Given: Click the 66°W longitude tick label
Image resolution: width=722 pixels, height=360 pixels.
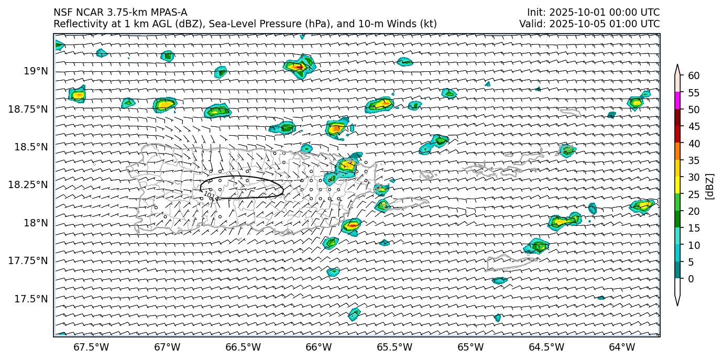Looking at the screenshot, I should click(x=319, y=347).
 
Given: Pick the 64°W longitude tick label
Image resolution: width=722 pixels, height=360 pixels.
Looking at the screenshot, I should click(x=622, y=347).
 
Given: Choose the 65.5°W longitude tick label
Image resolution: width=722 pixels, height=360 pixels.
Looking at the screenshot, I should click(x=395, y=347).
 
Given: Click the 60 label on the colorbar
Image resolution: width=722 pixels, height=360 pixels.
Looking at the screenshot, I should click(x=694, y=76).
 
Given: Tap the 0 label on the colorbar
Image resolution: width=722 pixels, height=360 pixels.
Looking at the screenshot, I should click(x=691, y=279).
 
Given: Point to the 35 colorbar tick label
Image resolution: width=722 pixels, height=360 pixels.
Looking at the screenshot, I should click(x=694, y=160).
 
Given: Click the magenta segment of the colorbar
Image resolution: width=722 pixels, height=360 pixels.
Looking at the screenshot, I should click(x=677, y=101).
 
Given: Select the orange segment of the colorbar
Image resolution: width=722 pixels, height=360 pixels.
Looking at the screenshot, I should click(x=677, y=151).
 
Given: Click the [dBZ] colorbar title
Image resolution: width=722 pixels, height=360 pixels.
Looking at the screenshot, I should click(x=710, y=186).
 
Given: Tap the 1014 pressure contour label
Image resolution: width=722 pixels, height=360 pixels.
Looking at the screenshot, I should click(x=211, y=196).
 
